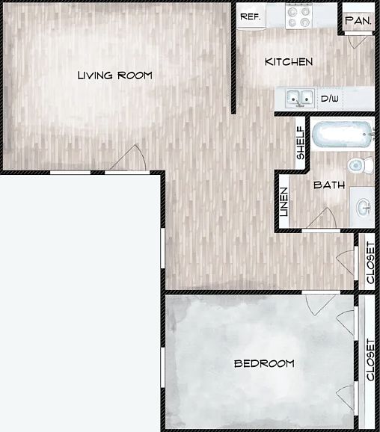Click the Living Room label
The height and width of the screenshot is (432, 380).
tap(114, 75)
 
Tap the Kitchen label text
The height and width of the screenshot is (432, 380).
tap(289, 62)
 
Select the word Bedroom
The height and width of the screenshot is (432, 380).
tap(264, 364)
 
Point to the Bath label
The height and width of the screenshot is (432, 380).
tap(329, 185)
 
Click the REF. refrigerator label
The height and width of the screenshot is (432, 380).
tap(251, 16)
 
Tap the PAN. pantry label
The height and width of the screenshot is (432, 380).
tap(358, 20)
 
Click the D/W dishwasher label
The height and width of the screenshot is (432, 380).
tap(330, 99)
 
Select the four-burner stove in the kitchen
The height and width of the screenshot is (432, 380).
tap(299, 16)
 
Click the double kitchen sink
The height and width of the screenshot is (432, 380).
tap(300, 99)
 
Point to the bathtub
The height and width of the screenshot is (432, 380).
tap(343, 135)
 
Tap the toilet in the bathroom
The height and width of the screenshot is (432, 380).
tap(361, 165)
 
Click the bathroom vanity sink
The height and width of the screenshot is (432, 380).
tap(363, 207)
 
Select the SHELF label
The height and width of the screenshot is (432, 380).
tap(300, 143)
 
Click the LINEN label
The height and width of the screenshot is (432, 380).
tap(284, 202)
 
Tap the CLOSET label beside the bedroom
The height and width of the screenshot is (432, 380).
tap(370, 360)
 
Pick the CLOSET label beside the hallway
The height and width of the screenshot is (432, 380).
tap(370, 262)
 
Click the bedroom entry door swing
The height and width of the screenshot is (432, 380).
tap(321, 305)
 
